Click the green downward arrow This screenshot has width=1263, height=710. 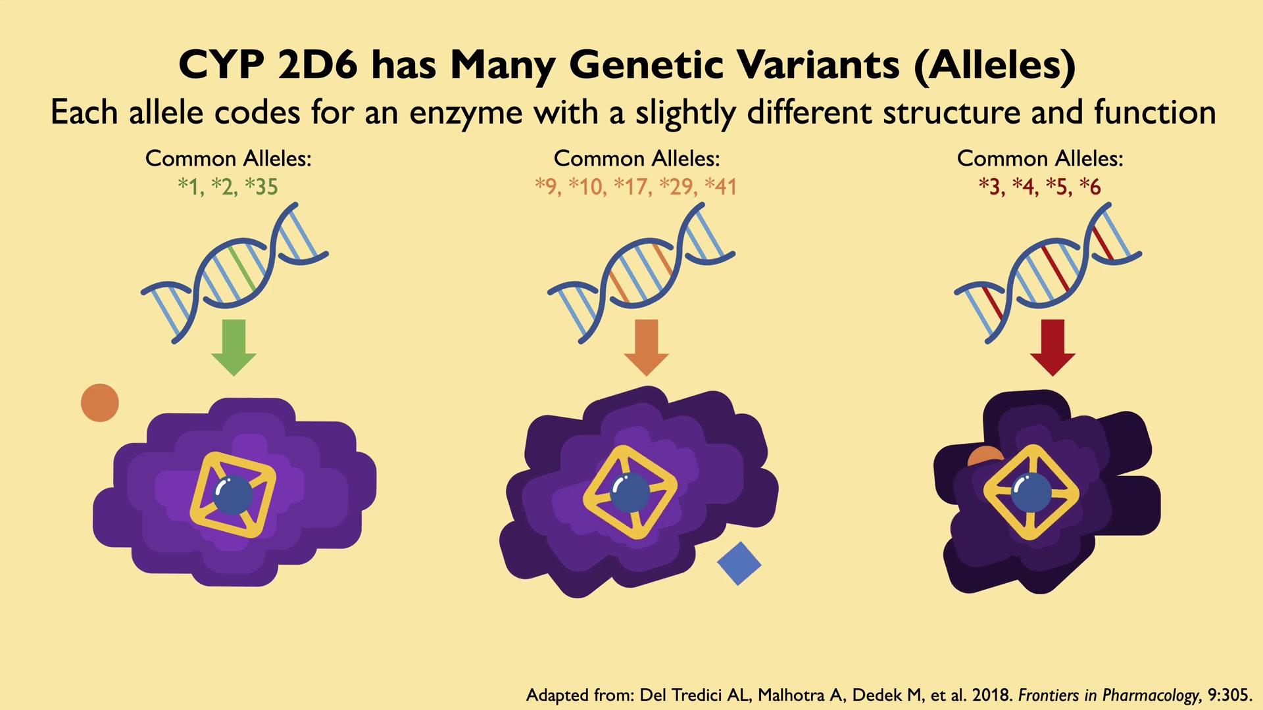point(234,347)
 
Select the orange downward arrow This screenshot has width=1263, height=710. point(647,347)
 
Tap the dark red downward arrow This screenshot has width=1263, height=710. point(1053,347)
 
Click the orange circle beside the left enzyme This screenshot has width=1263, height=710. point(100,402)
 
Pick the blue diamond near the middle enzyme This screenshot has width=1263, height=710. point(739,563)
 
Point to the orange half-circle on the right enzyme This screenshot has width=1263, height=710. point(986,456)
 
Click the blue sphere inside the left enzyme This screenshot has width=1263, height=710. point(233,494)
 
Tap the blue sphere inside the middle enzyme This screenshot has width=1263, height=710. point(630,492)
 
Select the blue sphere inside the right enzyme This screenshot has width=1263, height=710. point(1031,492)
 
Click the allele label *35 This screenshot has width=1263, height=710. point(261,187)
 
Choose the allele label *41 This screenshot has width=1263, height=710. point(720,187)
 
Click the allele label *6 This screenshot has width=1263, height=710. point(1090,187)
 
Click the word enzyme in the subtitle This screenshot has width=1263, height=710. point(466,113)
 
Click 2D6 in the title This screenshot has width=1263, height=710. point(318,65)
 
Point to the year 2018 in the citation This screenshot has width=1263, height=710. point(992,695)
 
